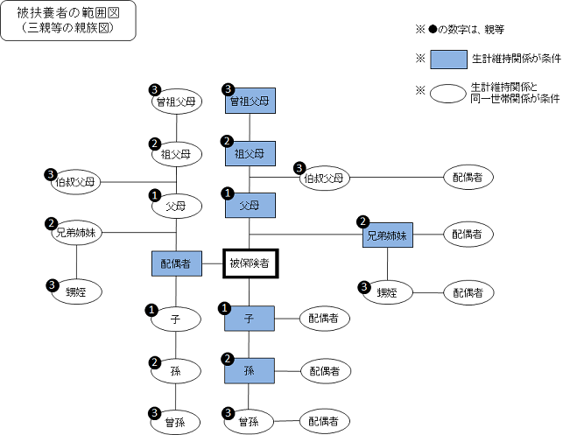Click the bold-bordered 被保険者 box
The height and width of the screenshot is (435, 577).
[x=250, y=262]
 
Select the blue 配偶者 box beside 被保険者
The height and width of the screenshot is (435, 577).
[x=177, y=262]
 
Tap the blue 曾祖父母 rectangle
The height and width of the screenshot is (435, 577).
[x=250, y=102]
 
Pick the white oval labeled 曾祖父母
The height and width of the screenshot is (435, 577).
[x=177, y=102]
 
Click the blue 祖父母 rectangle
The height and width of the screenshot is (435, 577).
[x=250, y=154]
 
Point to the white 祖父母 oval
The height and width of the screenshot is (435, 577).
[x=177, y=154]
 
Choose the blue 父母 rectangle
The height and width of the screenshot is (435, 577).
[x=250, y=207]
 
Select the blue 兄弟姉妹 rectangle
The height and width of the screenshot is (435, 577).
[x=388, y=235]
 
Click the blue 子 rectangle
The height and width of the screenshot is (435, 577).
[x=250, y=319]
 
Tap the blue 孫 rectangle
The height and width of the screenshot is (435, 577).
[x=250, y=370]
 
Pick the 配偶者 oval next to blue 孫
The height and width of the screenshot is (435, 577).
[x=325, y=371]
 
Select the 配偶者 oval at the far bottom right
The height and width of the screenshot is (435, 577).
[x=325, y=421]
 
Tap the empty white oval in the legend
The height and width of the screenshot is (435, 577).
[x=448, y=92]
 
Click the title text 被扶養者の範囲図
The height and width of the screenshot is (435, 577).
[x=69, y=15]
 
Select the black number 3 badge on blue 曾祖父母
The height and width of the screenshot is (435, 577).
[x=229, y=89]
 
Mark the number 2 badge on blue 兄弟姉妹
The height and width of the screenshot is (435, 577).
[x=362, y=222]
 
